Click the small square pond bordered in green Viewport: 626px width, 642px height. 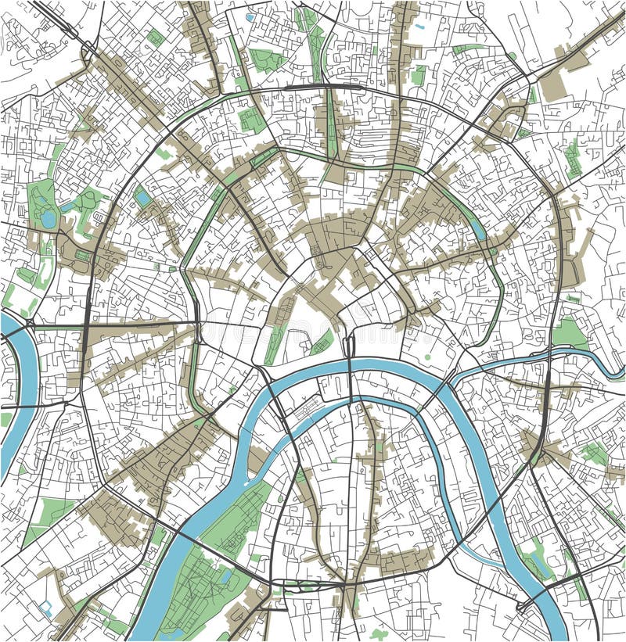coord(142,197)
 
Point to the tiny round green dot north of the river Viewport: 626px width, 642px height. coord(427,357)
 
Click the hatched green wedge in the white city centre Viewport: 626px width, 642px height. coord(322,341)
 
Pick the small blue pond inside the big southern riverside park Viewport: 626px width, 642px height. coord(226,576)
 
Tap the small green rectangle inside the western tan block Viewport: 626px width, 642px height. coord(81,256)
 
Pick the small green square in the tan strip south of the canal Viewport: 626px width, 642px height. coord(380,447)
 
